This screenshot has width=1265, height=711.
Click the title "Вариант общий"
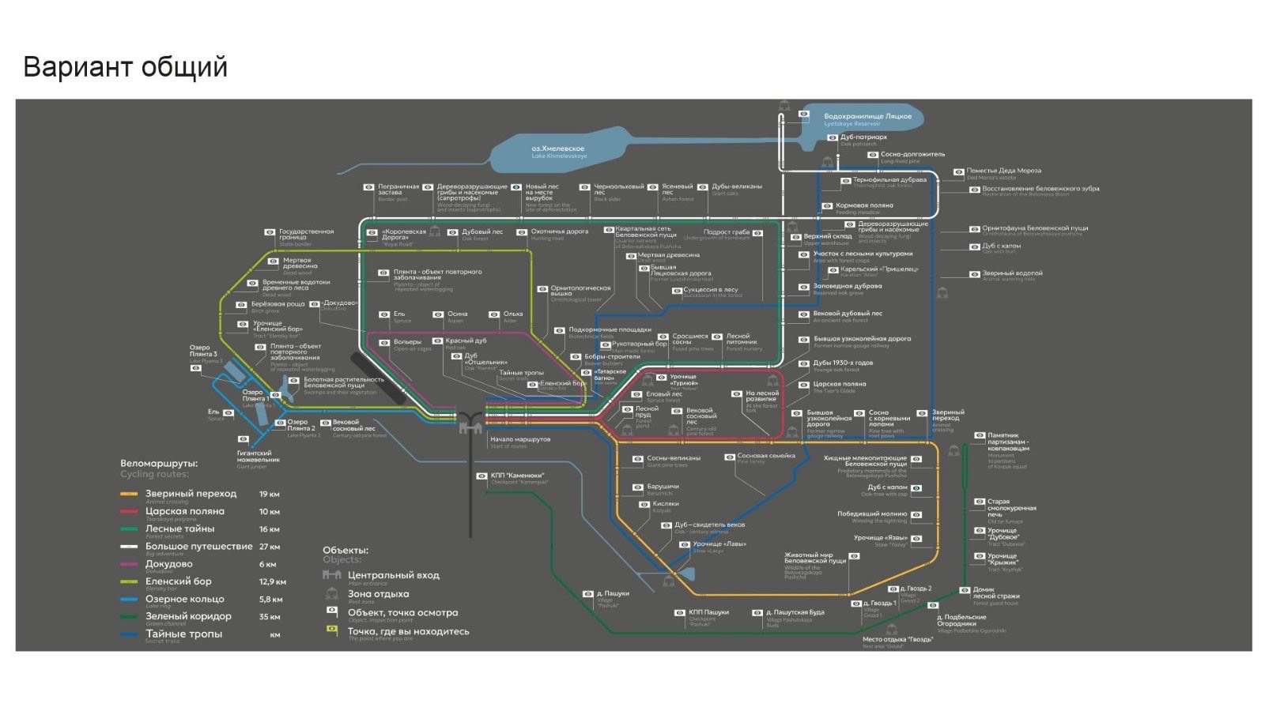[125, 67]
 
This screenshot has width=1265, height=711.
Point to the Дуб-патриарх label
[858, 137]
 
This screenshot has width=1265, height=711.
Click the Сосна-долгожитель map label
[912, 155]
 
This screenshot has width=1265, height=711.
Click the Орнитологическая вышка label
[580, 292]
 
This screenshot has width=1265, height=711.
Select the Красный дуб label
[466, 341]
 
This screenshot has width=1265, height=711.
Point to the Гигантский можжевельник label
[259, 457]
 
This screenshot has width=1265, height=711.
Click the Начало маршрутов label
[519, 439]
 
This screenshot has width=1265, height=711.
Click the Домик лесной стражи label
[995, 593]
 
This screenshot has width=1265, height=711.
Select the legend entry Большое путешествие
[198, 547]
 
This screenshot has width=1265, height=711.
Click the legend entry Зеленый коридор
[188, 617]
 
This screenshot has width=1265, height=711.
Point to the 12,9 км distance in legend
[272, 582]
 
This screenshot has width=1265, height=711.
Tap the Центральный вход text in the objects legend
[393, 576]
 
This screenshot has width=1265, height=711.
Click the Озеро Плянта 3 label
[203, 352]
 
